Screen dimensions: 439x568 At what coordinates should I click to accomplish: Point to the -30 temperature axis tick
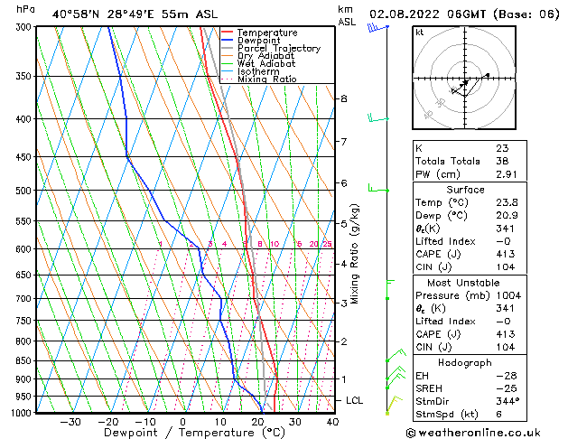click(x=70, y=421)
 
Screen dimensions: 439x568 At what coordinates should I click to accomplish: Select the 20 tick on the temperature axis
click(x=257, y=421)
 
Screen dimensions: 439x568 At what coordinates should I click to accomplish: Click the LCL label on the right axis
click(x=355, y=400)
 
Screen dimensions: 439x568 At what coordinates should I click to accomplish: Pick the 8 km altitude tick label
click(x=344, y=98)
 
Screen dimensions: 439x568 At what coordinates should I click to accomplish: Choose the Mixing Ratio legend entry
click(x=266, y=79)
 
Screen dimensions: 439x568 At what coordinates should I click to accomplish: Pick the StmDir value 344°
click(x=507, y=401)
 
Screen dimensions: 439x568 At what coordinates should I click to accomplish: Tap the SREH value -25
click(x=504, y=388)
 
